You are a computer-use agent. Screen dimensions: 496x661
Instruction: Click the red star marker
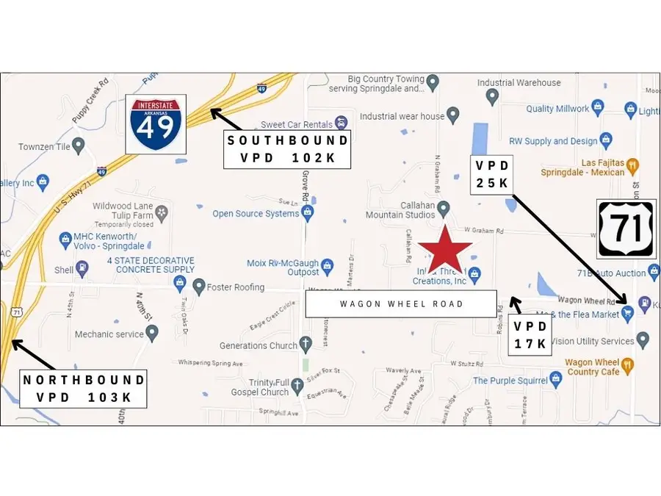pos(444,252)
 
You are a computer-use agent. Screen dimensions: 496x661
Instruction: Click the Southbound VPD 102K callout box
pos(286,149)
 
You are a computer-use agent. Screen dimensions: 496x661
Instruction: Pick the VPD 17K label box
pos(530,334)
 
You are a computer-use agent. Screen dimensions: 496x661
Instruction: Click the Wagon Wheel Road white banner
pos(401,303)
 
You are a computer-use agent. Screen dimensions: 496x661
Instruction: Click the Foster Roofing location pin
pos(199,285)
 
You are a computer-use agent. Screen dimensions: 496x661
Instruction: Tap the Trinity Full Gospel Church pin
pos(298,385)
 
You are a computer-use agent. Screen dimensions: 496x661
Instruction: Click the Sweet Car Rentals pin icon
pos(340,123)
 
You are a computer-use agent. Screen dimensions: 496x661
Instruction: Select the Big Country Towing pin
pos(433,81)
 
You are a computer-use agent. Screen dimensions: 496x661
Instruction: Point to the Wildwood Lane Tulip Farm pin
pos(162,212)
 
